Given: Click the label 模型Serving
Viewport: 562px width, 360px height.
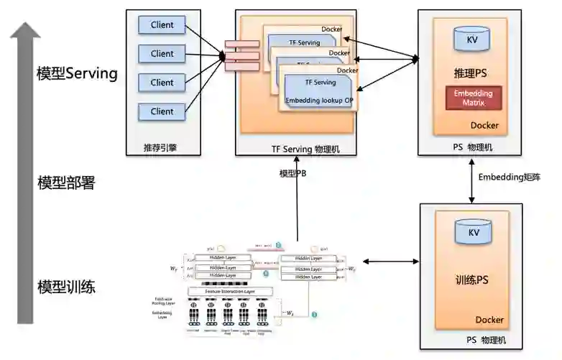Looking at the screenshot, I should click(77, 73).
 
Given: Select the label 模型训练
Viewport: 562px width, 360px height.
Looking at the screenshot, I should click(66, 287).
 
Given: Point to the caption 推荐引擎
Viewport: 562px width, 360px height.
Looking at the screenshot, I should click(160, 149).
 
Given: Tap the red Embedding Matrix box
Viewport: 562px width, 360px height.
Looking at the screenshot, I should click(473, 98).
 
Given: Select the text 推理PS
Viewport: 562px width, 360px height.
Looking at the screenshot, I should click(471, 73).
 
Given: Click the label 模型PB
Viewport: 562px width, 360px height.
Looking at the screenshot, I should click(292, 173).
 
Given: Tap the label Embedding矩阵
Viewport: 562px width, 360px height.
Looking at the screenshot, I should click(509, 176).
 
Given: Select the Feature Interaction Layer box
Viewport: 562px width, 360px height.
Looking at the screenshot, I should click(230, 291).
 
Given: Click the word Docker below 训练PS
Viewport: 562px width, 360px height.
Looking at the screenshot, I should click(489, 320).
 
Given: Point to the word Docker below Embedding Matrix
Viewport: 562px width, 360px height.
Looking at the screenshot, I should click(484, 126).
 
